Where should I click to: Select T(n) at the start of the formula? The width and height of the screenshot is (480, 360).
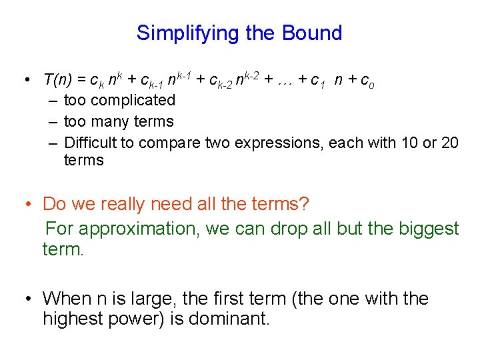59,80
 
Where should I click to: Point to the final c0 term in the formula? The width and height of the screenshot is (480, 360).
367,81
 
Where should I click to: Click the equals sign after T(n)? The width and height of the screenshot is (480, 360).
81,81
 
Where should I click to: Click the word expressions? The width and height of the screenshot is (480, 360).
283,142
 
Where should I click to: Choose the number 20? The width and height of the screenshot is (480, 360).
449,142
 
